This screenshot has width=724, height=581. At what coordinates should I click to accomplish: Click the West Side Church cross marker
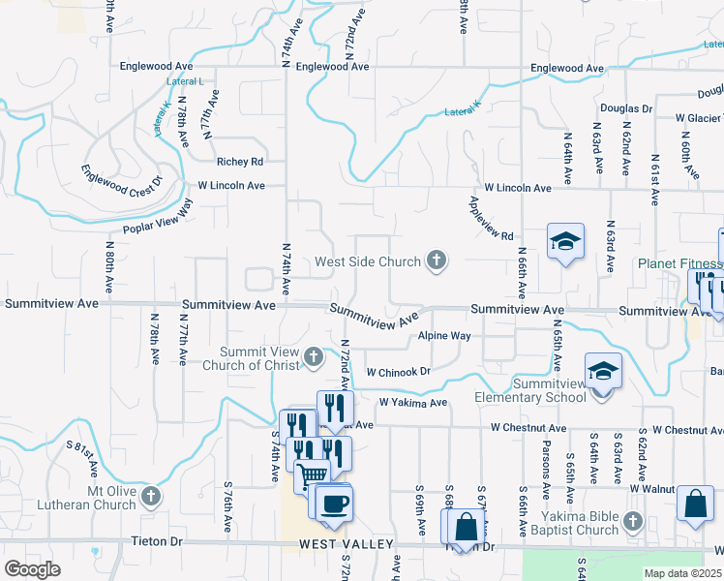[437, 260]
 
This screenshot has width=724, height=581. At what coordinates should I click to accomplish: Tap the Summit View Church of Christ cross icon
[313, 357]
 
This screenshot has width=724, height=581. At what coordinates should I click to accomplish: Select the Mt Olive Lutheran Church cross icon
[150, 498]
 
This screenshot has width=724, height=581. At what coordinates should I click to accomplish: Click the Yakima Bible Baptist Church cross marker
[633, 522]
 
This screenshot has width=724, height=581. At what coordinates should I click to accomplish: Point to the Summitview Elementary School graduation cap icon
[602, 371]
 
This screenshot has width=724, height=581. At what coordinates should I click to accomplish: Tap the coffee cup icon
[335, 504]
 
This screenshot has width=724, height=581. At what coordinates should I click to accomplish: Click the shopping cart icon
[312, 475]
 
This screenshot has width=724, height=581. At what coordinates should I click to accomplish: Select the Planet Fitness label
[679, 263]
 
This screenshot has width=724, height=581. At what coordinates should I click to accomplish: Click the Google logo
[32, 568]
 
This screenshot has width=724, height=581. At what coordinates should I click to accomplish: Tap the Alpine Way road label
[444, 336]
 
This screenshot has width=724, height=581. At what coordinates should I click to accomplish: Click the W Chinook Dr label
[398, 371]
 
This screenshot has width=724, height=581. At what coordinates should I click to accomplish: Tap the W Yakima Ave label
[413, 402]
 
